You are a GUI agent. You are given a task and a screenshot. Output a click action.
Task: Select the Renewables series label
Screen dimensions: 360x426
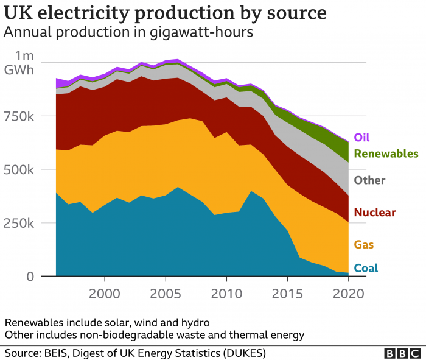(x=386, y=154)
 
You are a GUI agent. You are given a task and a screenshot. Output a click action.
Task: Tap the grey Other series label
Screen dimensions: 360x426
(x=369, y=180)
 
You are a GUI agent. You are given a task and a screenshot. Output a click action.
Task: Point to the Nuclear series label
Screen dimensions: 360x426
(x=375, y=213)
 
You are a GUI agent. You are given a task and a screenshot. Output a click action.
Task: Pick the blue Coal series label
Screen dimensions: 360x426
(x=366, y=268)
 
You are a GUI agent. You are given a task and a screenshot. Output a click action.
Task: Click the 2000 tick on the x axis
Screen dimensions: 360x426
(x=105, y=294)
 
